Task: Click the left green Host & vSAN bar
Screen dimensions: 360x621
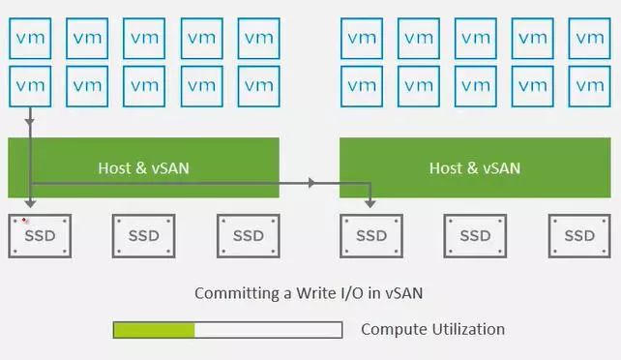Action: (143, 167)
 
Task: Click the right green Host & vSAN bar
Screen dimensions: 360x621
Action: (474, 167)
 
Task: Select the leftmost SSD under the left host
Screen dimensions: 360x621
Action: (40, 235)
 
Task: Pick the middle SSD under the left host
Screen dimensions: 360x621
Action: (144, 235)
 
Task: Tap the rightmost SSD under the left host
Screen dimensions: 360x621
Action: (248, 235)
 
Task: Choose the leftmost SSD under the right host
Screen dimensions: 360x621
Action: (371, 235)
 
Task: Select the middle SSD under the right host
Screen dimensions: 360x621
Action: (475, 235)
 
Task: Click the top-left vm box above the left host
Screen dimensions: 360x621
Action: (30, 38)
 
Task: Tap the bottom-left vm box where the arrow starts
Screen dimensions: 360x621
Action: (30, 85)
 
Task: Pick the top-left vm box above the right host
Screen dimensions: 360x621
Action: (361, 38)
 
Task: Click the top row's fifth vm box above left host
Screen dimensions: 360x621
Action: (258, 38)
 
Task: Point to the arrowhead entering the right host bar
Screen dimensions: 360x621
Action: (311, 182)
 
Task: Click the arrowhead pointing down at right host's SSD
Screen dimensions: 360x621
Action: (370, 202)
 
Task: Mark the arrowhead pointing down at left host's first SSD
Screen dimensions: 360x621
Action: (31, 202)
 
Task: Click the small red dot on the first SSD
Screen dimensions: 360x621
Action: (25, 221)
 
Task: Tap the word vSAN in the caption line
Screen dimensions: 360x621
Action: (401, 292)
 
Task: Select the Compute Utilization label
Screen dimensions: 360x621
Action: (432, 329)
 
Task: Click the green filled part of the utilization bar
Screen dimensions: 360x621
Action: (154, 330)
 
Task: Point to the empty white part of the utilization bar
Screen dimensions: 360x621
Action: (268, 330)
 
